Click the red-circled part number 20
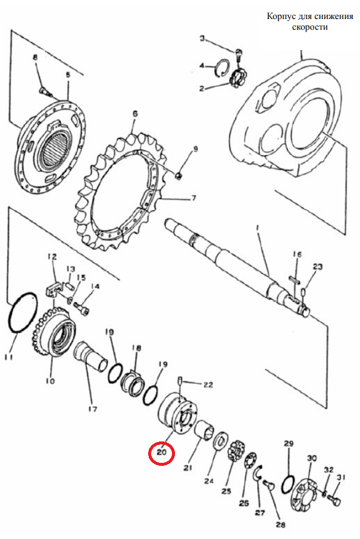(x=162, y=452)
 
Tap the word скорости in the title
(x=310, y=27)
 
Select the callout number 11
(x=9, y=357)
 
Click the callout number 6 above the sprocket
(x=135, y=114)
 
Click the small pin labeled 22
(x=180, y=381)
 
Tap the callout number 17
(x=92, y=409)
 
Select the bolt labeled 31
(x=334, y=499)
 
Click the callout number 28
(x=280, y=525)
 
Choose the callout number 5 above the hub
(x=68, y=74)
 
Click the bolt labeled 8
(x=45, y=90)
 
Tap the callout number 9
(x=195, y=149)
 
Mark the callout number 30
(x=312, y=458)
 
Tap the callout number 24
(x=209, y=481)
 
